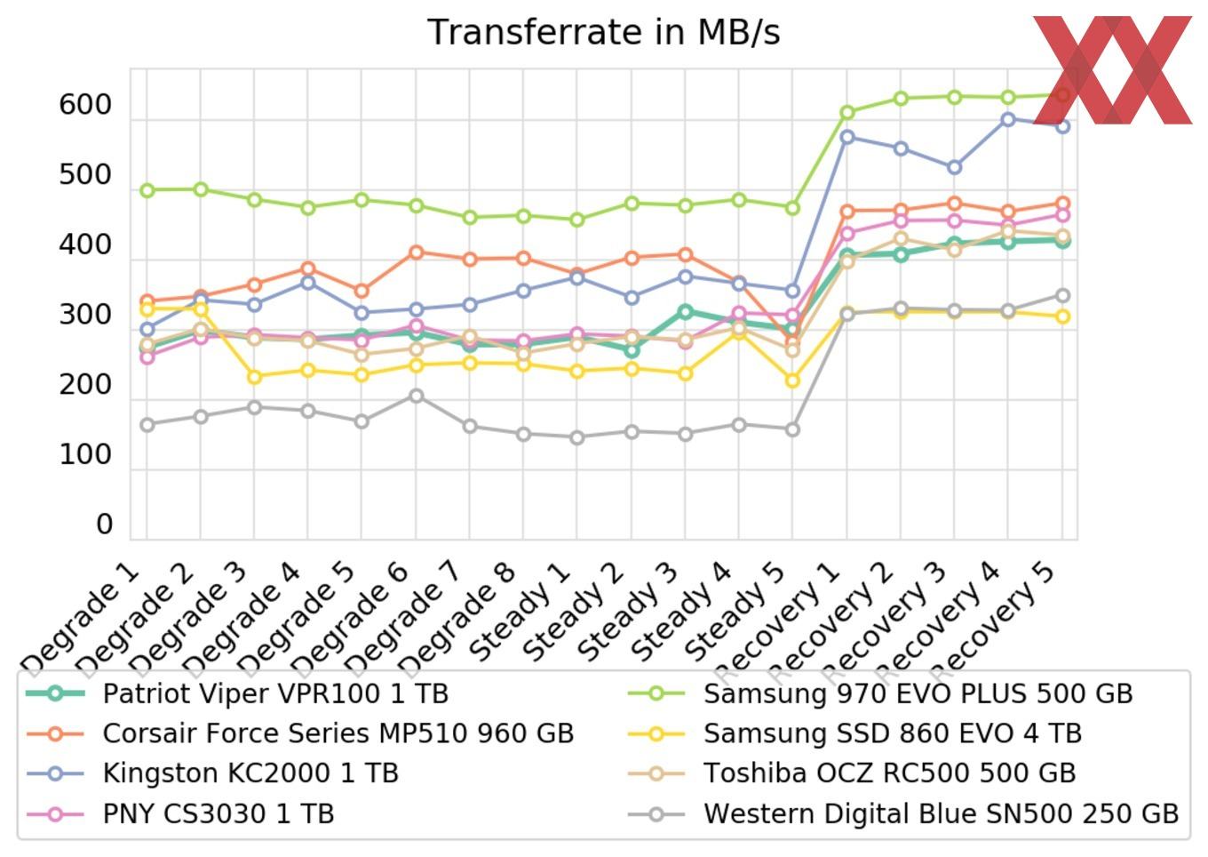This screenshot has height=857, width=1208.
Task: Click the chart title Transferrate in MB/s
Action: [603, 32]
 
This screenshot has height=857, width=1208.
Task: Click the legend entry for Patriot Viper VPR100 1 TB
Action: [275, 693]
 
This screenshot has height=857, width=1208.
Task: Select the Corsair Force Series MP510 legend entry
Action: [338, 733]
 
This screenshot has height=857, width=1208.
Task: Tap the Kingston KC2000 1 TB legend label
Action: [250, 773]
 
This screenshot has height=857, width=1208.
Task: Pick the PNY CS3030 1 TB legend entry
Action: [218, 813]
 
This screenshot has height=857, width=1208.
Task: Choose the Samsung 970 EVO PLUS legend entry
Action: [918, 693]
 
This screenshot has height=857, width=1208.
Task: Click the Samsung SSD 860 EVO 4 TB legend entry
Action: [892, 733]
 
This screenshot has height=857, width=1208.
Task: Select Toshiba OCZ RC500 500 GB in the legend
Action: [889, 773]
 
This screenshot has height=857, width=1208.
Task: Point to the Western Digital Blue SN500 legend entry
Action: [941, 813]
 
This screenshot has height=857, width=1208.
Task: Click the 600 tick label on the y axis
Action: [85, 105]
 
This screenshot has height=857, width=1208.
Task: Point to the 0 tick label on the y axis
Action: [104, 525]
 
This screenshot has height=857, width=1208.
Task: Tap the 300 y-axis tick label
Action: [85, 315]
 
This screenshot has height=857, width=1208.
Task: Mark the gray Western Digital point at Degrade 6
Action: [416, 396]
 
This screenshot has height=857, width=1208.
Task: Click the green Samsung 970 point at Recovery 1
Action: [847, 113]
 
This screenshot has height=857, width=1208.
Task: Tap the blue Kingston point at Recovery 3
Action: [954, 167]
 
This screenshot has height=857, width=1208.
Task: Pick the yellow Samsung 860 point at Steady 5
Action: [792, 380]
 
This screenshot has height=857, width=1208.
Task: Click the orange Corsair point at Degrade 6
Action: [416, 252]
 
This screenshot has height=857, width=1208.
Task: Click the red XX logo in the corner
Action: [1113, 69]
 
